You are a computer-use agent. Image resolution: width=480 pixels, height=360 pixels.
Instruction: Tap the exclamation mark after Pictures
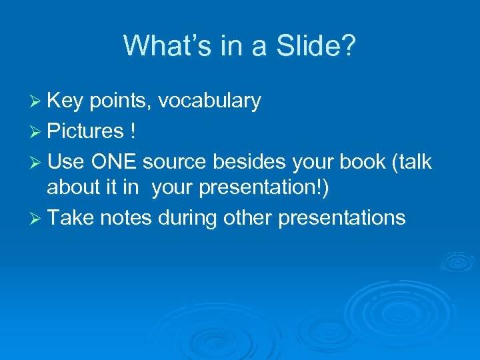click(134, 131)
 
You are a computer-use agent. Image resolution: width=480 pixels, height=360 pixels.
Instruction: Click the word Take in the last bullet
click(69, 218)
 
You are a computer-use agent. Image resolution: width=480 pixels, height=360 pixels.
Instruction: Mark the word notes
click(127, 218)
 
